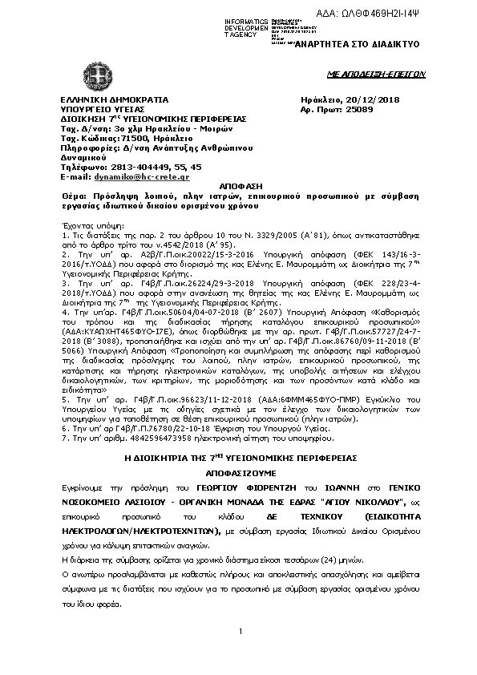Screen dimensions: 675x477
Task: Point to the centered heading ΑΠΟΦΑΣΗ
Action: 240,185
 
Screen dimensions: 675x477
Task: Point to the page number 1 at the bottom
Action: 240,655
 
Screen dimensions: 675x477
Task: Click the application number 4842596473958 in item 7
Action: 133,439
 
